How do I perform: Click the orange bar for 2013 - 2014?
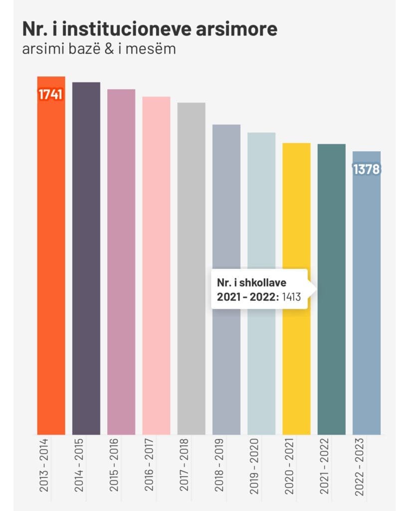(51, 259)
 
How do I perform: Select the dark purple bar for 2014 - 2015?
(86, 259)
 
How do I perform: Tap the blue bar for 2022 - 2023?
(366, 299)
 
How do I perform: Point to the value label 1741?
(51, 95)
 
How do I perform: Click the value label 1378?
(366, 170)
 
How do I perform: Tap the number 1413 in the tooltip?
(291, 296)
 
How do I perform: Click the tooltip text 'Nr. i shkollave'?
(244, 283)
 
